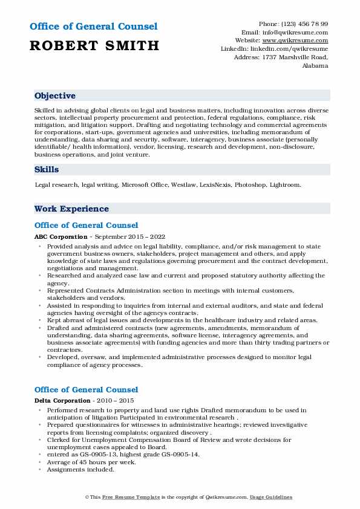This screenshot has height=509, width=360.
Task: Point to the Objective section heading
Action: coord(55,96)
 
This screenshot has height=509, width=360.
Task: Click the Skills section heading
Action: coord(47,170)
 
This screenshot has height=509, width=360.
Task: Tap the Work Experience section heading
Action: coord(71,209)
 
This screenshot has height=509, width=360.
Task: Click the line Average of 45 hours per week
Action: coord(91,462)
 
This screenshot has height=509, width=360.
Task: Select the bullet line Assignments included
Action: coord(80,469)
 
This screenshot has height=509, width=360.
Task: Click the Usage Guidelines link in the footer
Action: coord(272,497)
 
